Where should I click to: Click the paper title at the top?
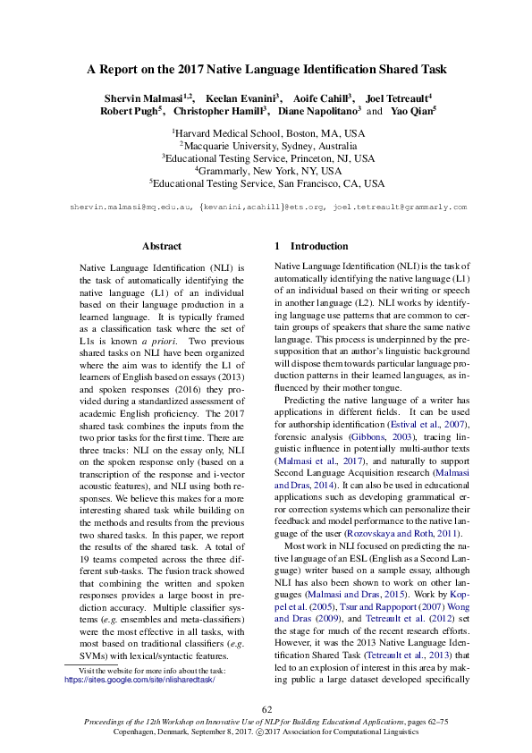pyautogui.click(x=266, y=69)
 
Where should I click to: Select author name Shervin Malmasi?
pyautogui.click(x=142, y=97)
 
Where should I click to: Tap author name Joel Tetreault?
pyautogui.click(x=398, y=97)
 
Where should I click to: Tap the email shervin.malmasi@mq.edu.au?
pyautogui.click(x=131, y=207)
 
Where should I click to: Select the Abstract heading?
pyautogui.click(x=162, y=246)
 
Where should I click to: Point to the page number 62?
pyautogui.click(x=266, y=708)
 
